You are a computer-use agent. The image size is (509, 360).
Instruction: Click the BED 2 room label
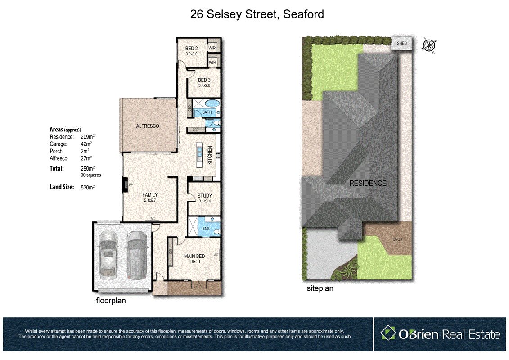pyautogui.click(x=191, y=49)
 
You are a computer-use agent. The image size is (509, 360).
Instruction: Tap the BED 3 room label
pyautogui.click(x=204, y=81)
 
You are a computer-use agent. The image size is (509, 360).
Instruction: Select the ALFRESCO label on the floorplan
pyautogui.click(x=148, y=126)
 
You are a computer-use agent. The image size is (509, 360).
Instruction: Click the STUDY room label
pyautogui.click(x=204, y=196)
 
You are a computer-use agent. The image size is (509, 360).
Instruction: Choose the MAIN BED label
pyautogui.click(x=194, y=256)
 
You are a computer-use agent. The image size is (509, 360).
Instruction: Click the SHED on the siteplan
pyautogui.click(x=401, y=44)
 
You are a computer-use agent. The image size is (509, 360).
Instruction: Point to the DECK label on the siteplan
pyautogui.click(x=397, y=239)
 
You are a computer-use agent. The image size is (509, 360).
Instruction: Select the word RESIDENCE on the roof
pyautogui.click(x=368, y=183)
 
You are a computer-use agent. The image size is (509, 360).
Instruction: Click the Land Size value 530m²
pyautogui.click(x=87, y=187)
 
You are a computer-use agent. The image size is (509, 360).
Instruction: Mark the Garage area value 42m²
pyautogui.click(x=86, y=144)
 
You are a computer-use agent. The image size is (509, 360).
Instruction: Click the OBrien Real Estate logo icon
pyautogui.click(x=387, y=333)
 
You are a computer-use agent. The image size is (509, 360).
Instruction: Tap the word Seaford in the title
pyautogui.click(x=303, y=14)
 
